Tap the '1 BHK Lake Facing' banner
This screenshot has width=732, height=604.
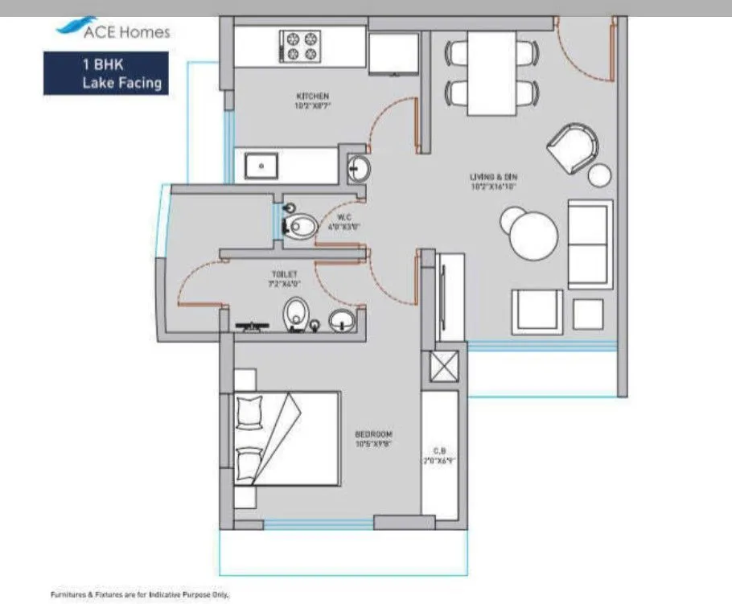105,73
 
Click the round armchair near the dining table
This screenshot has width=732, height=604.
573,146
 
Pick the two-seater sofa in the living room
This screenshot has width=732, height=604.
589,243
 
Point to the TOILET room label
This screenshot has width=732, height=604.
285,278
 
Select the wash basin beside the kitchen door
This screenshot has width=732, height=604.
358,169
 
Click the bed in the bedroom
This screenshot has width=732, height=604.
286,438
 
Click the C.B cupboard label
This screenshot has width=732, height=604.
440,456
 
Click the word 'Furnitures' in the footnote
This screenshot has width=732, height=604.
70,594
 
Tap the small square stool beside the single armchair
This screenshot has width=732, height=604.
588,314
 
